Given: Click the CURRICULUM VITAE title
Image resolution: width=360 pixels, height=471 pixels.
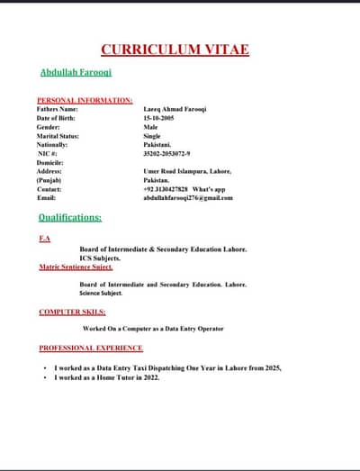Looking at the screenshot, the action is [x=175, y=50].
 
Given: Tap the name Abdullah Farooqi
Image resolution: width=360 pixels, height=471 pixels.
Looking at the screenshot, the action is [x=76, y=71].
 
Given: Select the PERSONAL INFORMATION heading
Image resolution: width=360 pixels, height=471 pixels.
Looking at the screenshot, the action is [x=85, y=100].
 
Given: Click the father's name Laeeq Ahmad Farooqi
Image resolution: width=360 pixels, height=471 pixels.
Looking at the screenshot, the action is [x=175, y=109].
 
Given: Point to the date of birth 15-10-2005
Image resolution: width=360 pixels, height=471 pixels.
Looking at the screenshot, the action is [x=161, y=118].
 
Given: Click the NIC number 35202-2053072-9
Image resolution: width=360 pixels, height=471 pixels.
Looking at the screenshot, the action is [x=173, y=153].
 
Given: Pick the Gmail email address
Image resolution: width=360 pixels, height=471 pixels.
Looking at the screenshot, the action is [x=187, y=198].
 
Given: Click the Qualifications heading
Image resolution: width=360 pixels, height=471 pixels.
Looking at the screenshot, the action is [x=70, y=218].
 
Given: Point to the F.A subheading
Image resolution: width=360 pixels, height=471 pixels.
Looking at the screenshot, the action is [x=45, y=239].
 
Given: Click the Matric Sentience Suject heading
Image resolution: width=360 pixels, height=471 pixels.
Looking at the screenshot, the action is [x=76, y=267].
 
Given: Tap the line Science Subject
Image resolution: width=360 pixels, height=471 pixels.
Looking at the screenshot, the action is [x=100, y=294].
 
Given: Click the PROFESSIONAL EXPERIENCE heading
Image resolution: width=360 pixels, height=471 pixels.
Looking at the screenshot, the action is [x=91, y=348].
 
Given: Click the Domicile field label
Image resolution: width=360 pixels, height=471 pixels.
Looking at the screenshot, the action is [x=51, y=162].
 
